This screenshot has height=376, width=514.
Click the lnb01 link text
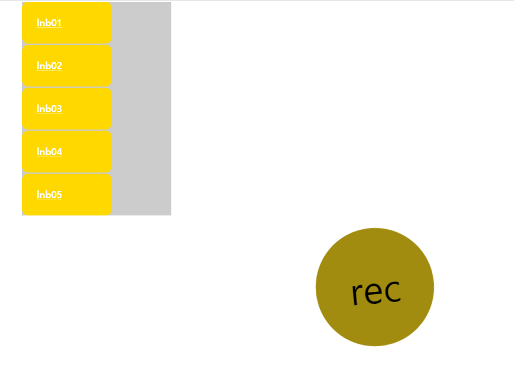pos(49,23)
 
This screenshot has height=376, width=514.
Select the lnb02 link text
pos(49,66)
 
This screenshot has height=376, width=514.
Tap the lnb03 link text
pos(49,109)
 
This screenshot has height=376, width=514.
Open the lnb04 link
pos(49,152)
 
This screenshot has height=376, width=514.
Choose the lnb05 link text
pos(49,195)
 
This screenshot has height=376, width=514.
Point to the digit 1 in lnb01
pos(59,23)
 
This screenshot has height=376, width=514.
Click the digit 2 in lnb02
pos(59,66)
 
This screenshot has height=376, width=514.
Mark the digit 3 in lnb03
pos(59,109)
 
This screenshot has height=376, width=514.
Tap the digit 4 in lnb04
pos(59,152)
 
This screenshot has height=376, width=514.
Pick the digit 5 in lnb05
pos(59,195)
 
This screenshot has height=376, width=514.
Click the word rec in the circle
pos(376,292)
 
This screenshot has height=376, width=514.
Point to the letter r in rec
pos(357,294)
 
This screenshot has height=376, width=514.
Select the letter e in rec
pos(374,292)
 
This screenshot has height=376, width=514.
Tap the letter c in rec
pos(392,291)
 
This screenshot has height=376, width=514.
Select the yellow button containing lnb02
pos(84,66)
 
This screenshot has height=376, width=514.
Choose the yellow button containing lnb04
pos(84,152)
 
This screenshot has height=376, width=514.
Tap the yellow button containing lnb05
pos(84,195)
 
